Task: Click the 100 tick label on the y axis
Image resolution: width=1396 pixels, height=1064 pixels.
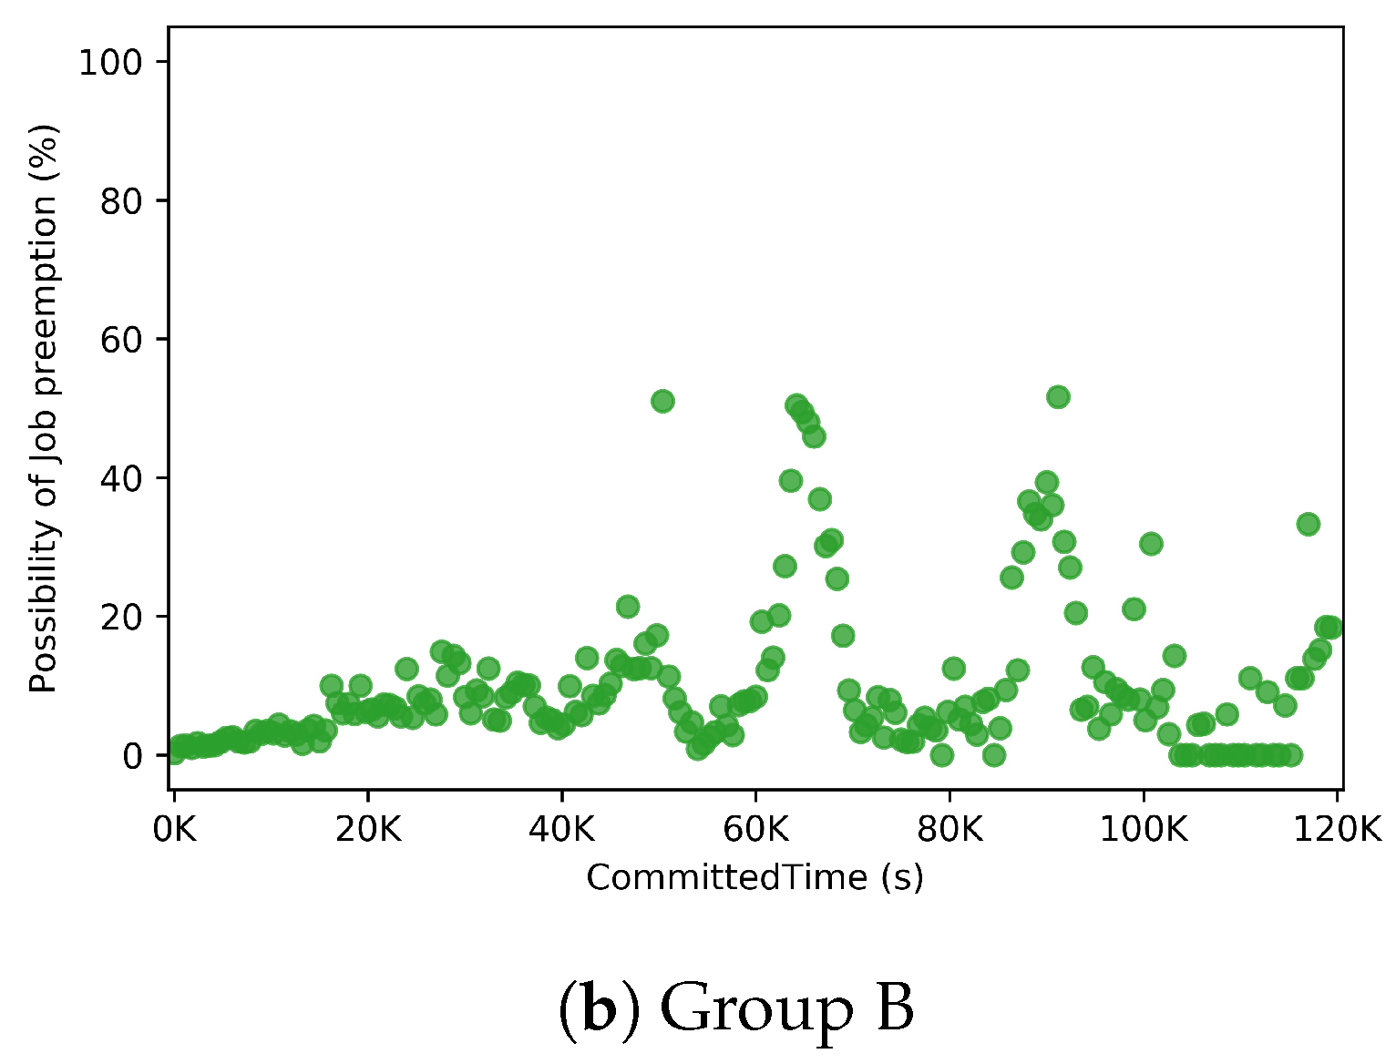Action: click(110, 63)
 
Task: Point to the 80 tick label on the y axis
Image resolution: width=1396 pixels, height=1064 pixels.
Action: click(121, 201)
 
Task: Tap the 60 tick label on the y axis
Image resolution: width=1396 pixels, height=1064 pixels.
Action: click(121, 340)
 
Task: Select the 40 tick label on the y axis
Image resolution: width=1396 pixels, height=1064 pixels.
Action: click(121, 478)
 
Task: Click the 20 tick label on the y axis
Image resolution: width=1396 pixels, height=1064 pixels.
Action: click(121, 617)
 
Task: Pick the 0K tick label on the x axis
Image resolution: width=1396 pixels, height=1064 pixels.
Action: click(174, 830)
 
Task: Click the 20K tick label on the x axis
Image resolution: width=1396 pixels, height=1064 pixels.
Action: click(368, 830)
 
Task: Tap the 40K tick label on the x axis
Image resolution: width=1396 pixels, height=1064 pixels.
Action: click(561, 830)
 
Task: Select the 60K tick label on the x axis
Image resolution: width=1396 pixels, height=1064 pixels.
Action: click(755, 830)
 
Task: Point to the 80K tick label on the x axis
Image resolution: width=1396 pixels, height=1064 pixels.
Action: click(949, 830)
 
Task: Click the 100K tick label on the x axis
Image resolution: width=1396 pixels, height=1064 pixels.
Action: click(1143, 830)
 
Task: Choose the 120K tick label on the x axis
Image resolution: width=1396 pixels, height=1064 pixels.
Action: click(1337, 830)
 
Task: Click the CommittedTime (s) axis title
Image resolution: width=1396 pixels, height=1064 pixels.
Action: click(754, 877)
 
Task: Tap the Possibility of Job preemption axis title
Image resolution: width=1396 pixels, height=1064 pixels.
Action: click(44, 408)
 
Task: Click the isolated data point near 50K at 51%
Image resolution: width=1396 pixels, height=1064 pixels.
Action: click(662, 401)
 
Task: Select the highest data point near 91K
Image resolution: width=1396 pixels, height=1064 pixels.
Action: click(1058, 396)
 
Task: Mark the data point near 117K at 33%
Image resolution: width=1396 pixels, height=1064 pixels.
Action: click(1309, 524)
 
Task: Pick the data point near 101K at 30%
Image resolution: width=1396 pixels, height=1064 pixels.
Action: click(1151, 544)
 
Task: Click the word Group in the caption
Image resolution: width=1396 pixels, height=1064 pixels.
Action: click(755, 1009)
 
